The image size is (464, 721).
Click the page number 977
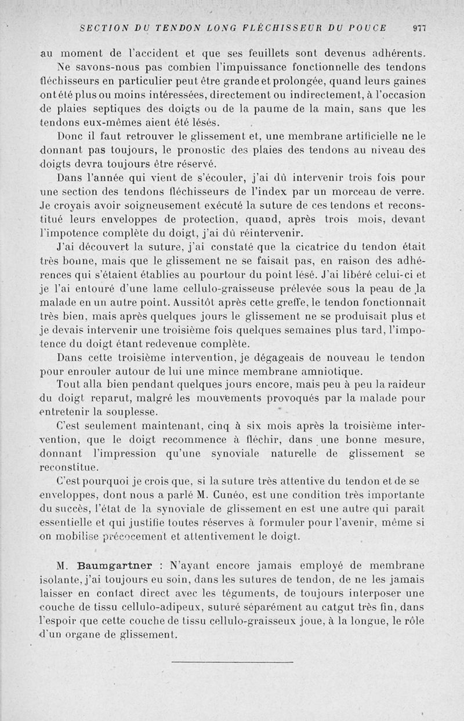[419, 27]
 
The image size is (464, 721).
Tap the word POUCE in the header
[369, 27]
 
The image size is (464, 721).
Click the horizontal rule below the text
[232, 661]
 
